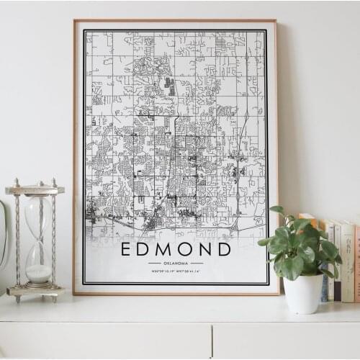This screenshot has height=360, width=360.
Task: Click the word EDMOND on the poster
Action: (176, 249)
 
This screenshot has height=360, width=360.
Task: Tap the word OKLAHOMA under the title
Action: (176, 264)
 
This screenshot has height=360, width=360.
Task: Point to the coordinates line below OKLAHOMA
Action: (176, 271)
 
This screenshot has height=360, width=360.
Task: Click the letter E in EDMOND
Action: (127, 249)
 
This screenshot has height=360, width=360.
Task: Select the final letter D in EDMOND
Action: (225, 249)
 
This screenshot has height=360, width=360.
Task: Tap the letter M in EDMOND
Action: (166, 249)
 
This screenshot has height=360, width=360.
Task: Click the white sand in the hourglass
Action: (38, 273)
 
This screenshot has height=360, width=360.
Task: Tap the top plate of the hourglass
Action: (35, 190)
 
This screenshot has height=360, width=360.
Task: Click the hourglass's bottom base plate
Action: (35, 291)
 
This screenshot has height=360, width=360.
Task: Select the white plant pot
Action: (303, 293)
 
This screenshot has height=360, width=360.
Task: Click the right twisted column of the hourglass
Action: (53, 240)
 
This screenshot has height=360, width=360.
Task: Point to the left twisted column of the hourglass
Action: (18, 240)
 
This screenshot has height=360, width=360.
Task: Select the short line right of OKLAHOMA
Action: (199, 264)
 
